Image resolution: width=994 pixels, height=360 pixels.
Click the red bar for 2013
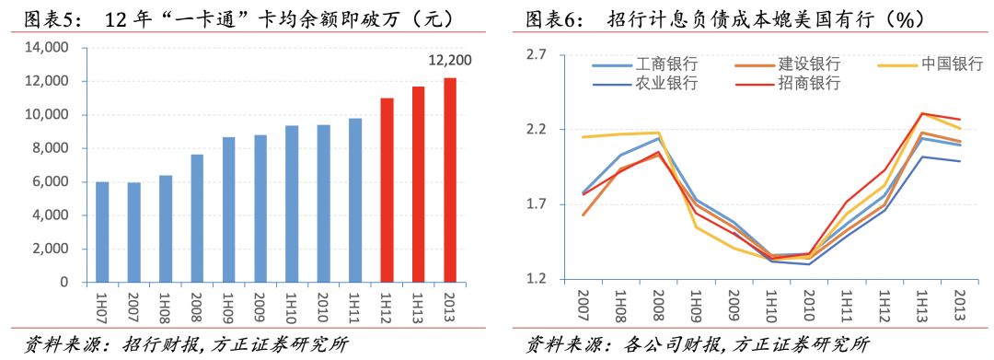tap(450, 180)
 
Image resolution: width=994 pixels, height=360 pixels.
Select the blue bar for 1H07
tap(102, 232)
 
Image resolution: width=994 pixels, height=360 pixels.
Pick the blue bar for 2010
tap(323, 203)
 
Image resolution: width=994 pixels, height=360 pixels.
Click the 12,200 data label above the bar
tap(450, 61)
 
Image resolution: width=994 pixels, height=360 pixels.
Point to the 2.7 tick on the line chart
tap(536, 55)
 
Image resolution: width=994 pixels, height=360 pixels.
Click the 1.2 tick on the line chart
tap(536, 279)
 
